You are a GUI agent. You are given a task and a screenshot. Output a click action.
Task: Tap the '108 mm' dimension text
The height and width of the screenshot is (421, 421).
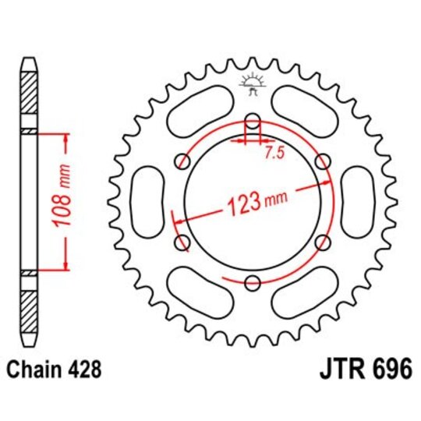(65, 200)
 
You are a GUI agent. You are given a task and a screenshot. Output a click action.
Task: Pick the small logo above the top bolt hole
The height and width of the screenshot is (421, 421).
(252, 83)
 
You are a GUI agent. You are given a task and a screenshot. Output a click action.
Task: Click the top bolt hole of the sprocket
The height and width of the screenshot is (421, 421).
(252, 121)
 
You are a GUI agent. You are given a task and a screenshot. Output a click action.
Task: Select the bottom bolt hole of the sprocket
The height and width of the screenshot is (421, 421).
(253, 283)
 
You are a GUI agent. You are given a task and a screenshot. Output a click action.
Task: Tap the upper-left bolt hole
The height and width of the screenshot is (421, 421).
(183, 161)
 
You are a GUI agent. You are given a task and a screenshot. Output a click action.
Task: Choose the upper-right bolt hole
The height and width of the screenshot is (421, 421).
(322, 161)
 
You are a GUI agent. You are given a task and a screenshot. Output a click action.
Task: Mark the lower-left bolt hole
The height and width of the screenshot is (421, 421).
(183, 243)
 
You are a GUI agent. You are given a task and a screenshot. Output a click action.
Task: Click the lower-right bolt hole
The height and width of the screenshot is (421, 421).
(322, 243)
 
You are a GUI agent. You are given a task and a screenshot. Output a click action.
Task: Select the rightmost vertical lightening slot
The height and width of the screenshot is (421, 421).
(357, 202)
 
